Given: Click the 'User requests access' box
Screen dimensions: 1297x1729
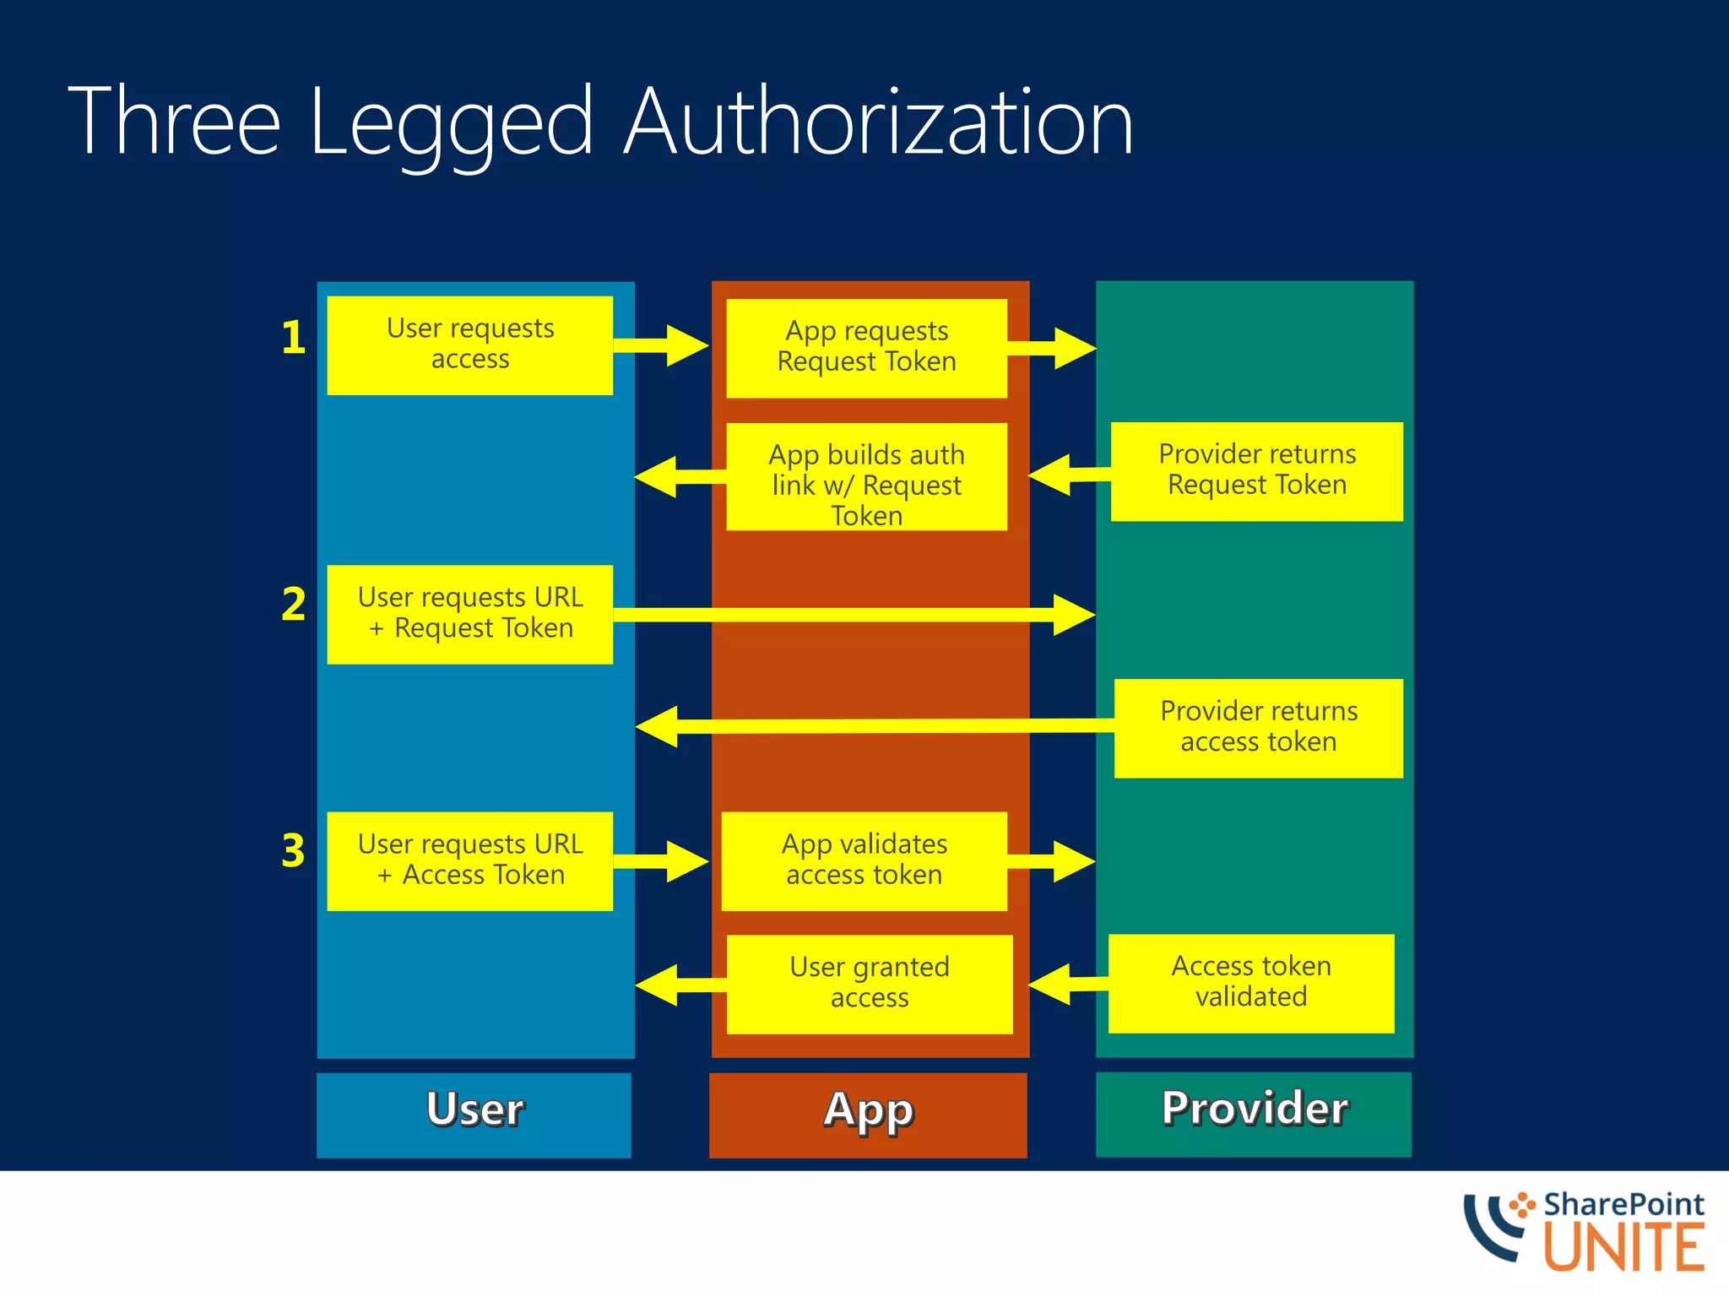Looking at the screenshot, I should click(469, 345).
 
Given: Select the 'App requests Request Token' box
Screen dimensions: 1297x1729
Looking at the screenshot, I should click(866, 348).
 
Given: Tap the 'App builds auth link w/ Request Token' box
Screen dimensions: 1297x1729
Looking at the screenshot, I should click(866, 477).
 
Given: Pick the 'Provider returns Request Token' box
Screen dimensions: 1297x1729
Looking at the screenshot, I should click(1256, 471).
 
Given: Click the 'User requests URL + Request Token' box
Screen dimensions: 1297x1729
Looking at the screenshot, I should click(469, 614).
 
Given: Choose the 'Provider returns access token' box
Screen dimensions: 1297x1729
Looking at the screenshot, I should click(1258, 728).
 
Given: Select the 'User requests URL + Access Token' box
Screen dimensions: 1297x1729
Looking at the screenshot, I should click(469, 860).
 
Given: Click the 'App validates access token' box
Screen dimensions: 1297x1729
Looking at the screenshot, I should click(864, 860).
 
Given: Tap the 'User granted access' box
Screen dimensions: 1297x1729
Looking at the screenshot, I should click(869, 984).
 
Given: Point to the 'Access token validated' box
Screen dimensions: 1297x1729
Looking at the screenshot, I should click(1250, 983).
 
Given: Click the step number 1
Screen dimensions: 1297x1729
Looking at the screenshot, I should click(293, 338).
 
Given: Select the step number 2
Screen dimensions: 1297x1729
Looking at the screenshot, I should click(293, 605).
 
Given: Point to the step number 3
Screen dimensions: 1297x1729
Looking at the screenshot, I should click(293, 850).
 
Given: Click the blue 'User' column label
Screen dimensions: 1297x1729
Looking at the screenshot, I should click(474, 1115).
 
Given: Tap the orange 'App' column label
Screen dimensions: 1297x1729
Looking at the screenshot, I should click(868, 1115).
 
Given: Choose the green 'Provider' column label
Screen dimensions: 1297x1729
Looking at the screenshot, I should click(1253, 1114).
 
